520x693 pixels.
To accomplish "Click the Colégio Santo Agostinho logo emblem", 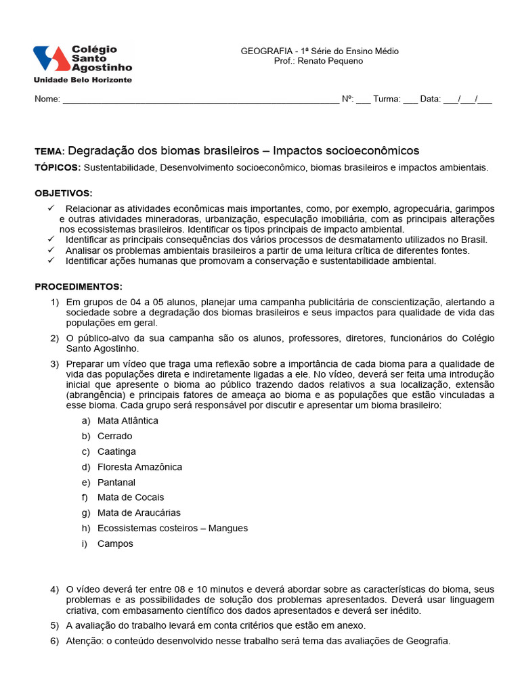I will pyautogui.click(x=51, y=59).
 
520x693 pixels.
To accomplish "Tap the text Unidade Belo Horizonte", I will pyautogui.click(x=83, y=80).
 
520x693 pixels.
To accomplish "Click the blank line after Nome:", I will pyautogui.click(x=200, y=99).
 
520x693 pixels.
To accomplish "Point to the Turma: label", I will pyautogui.click(x=387, y=99).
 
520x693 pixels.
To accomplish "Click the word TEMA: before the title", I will pyautogui.click(x=49, y=152).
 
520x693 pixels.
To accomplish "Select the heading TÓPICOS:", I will pyautogui.click(x=58, y=167).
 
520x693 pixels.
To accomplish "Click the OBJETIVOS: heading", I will pyautogui.click(x=64, y=193).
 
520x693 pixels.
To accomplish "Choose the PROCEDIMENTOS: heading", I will pyautogui.click(x=79, y=286).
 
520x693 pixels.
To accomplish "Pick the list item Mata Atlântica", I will pyautogui.click(x=128, y=420).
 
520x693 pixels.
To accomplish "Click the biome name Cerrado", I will pyautogui.click(x=115, y=436).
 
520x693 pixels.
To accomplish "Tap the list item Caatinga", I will pyautogui.click(x=116, y=451).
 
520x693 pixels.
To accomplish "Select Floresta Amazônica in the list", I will pyautogui.click(x=139, y=467).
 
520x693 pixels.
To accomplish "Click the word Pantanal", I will pyautogui.click(x=116, y=483).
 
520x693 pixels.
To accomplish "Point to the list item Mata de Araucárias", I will pyautogui.click(x=139, y=513).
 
